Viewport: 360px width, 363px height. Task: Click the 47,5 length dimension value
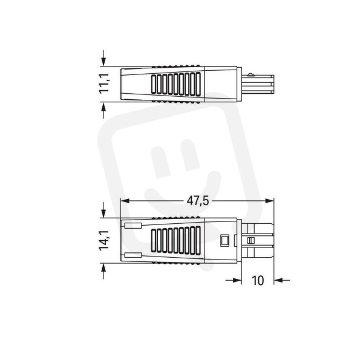pyautogui.click(x=198, y=201)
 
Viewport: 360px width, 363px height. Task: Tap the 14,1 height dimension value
pyautogui.click(x=104, y=240)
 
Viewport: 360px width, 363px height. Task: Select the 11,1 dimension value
pyautogui.click(x=104, y=84)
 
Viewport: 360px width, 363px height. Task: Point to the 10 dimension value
pyautogui.click(x=257, y=280)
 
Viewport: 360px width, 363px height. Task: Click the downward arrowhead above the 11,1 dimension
pyautogui.click(x=103, y=62)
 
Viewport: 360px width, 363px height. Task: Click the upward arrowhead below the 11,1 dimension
pyautogui.click(x=103, y=106)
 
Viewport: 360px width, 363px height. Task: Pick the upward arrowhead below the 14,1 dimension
pyautogui.click(x=103, y=267)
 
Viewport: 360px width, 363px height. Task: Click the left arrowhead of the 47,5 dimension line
pyautogui.click(x=125, y=201)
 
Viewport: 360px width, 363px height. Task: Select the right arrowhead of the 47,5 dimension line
pyautogui.click(x=269, y=201)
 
